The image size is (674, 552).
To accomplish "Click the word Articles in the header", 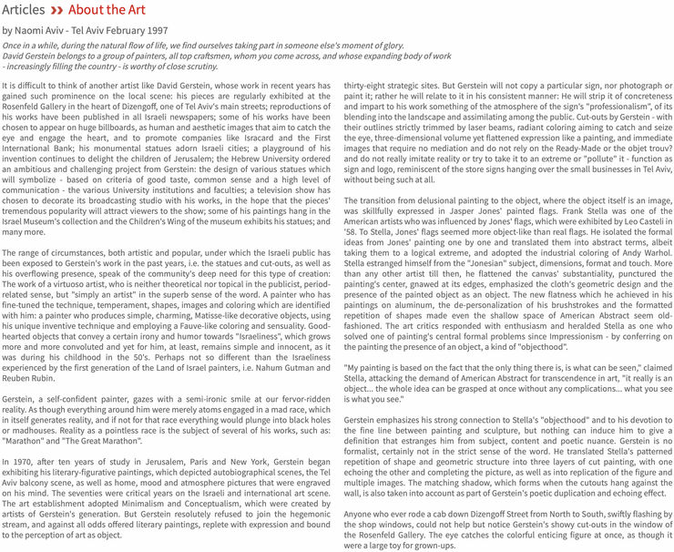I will point(24,10).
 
